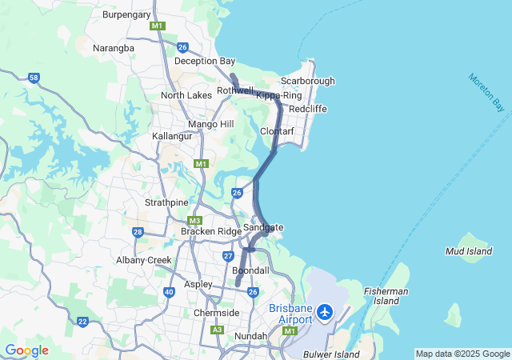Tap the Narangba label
114,48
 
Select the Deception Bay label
205,61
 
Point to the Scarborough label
307,81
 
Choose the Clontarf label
277,131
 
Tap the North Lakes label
186,95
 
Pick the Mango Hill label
210,124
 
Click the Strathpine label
166,202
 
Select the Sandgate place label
263,227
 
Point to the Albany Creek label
144,260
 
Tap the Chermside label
216,313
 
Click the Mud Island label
468,251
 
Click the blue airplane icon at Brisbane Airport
325,311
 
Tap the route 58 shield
34,78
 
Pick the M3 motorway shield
194,221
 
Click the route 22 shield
83,322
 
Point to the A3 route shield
217,330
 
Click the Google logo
26,350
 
